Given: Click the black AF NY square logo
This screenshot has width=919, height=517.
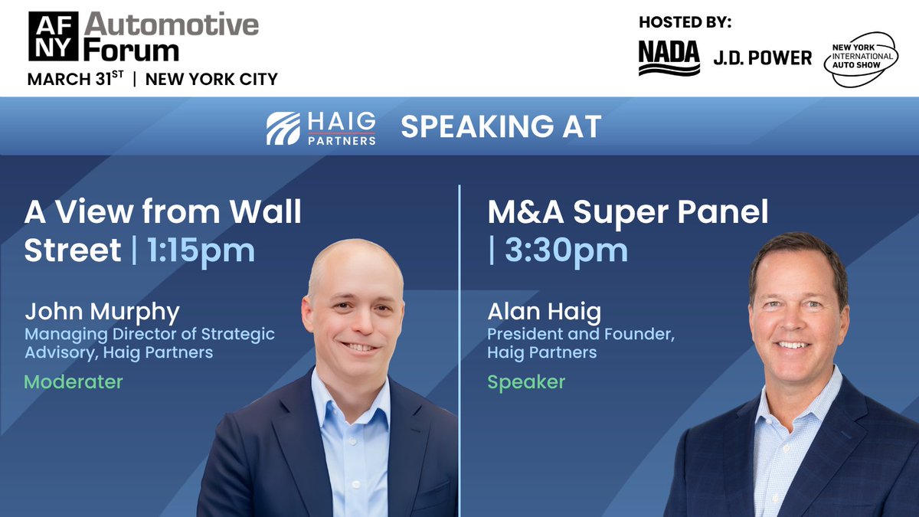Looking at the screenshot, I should (x=54, y=36).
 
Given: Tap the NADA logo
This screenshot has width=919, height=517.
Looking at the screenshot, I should (x=669, y=57).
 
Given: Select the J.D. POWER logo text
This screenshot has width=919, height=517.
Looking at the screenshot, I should (x=762, y=57).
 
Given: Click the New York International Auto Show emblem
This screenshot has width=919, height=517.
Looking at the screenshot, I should (x=863, y=58).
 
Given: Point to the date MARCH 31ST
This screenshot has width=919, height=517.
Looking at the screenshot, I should (x=75, y=78).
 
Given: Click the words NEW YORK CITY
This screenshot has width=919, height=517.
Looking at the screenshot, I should (x=211, y=79).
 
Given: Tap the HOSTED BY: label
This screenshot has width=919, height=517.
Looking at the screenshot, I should (x=685, y=22).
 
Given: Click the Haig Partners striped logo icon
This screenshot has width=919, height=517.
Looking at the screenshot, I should (x=283, y=128).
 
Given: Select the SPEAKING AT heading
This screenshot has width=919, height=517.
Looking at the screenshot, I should (x=501, y=127).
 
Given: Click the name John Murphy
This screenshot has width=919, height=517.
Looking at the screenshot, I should (x=102, y=312).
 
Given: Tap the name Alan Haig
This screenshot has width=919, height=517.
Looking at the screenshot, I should (x=545, y=312).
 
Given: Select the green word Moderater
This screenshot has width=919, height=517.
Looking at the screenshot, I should (x=74, y=381).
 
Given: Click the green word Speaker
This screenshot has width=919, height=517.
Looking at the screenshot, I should (x=526, y=381).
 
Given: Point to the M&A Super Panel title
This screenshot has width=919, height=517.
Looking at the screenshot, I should (x=628, y=212).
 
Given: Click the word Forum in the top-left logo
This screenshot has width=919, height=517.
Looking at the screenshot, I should (x=131, y=50).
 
